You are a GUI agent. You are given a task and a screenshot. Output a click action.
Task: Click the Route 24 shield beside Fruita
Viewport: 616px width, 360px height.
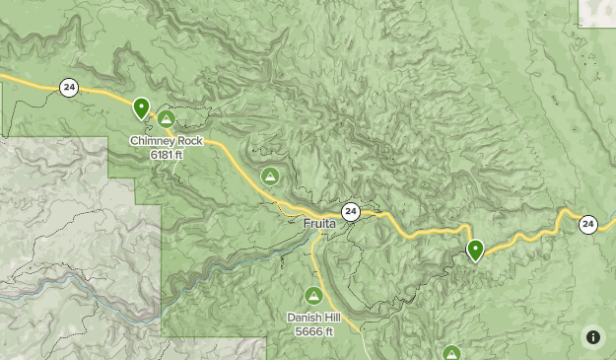350,212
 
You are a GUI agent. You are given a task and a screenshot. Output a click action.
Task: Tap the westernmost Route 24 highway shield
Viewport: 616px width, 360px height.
69,88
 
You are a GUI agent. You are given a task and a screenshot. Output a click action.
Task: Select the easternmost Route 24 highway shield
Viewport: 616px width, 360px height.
587,224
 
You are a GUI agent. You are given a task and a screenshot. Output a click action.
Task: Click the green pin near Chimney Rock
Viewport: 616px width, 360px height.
141,108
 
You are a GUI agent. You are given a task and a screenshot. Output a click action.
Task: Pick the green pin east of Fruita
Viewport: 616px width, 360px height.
475,250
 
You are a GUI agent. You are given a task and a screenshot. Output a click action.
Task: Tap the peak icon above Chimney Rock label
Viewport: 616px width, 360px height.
167,119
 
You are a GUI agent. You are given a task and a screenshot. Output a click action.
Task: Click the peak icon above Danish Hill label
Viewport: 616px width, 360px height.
313,295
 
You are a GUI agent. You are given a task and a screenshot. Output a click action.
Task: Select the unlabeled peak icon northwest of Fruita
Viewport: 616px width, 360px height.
269,176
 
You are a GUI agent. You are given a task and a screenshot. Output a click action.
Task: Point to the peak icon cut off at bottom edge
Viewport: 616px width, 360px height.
451,352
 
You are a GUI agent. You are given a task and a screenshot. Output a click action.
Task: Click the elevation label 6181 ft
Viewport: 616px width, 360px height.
167,154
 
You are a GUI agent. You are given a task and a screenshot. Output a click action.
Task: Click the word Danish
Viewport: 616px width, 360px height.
305,318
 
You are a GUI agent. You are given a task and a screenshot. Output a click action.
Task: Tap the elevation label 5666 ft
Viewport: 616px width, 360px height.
314,331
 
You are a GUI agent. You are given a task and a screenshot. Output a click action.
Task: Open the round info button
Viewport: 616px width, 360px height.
593,337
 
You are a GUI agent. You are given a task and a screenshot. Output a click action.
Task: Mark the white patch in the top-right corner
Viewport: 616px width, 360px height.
597,12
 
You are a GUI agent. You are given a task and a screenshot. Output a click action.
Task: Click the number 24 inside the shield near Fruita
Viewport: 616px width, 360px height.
350,212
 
